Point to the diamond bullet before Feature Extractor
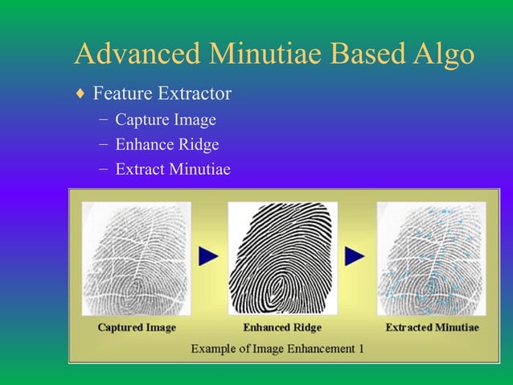(x=79, y=95)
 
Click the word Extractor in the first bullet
(x=195, y=95)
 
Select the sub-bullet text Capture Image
(x=166, y=121)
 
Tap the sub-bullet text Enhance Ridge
(x=167, y=145)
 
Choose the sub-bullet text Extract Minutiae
(x=173, y=169)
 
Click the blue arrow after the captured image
(x=208, y=256)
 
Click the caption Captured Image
(x=136, y=328)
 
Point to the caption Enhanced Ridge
(x=282, y=328)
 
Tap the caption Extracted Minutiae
(x=432, y=328)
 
